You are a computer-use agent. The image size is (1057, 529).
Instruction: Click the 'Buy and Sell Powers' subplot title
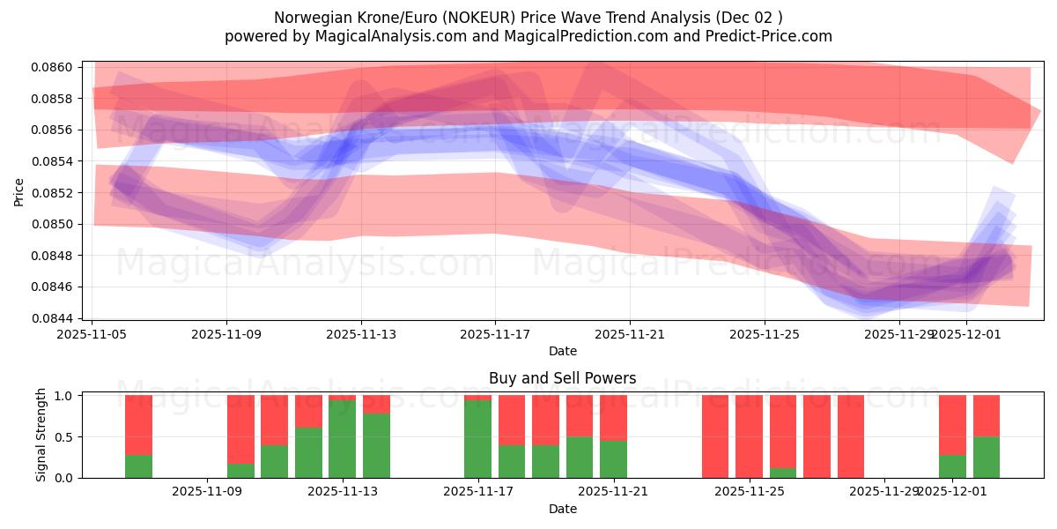[562, 378]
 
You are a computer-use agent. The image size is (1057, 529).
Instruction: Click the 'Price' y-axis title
[19, 192]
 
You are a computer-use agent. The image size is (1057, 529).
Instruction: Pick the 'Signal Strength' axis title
[41, 436]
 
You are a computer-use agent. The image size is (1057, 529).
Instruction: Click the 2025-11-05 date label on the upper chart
[92, 335]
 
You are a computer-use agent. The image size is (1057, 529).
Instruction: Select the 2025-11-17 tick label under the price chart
[495, 335]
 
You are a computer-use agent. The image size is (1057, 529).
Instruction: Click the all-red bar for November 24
[715, 436]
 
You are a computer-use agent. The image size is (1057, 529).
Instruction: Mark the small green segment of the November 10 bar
[240, 471]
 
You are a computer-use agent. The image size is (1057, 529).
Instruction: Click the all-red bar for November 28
[850, 436]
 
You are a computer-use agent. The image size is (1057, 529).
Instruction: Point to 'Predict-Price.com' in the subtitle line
[773, 36]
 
